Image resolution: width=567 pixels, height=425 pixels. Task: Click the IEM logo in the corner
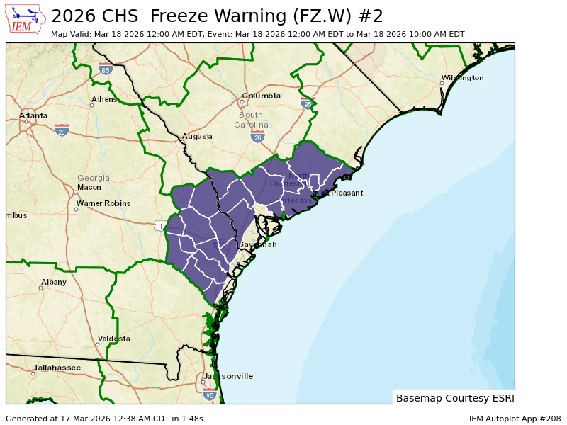tap(27, 19)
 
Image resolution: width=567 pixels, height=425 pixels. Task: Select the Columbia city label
tap(261, 96)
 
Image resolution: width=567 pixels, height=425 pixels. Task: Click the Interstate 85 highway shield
tap(106, 69)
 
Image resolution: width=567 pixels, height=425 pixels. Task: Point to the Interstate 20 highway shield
tap(62, 130)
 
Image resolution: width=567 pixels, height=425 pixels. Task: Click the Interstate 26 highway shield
tap(257, 136)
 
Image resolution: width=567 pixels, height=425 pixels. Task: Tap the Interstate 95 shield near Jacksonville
tap(209, 394)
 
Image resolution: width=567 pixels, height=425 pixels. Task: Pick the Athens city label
tap(104, 99)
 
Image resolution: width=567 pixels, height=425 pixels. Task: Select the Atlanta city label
tap(33, 115)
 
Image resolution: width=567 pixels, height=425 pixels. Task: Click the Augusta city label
tap(197, 136)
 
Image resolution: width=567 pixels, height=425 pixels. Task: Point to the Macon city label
tap(89, 187)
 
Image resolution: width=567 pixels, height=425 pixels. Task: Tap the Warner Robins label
tap(103, 203)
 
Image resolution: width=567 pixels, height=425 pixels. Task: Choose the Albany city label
tap(54, 282)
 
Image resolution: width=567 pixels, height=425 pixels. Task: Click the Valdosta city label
tap(114, 339)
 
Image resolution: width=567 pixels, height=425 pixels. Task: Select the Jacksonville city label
tap(228, 376)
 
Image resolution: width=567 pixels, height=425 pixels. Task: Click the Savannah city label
tap(257, 244)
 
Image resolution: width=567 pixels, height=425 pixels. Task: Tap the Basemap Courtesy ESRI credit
tap(455, 398)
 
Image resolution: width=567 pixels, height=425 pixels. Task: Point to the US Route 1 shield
tap(160, 226)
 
